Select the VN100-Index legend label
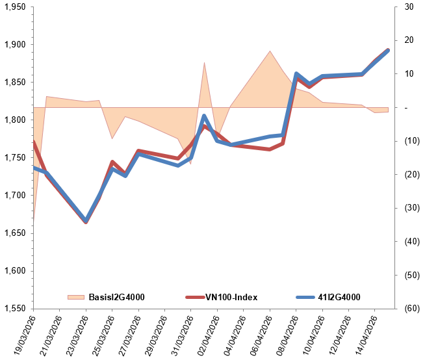click(231, 297)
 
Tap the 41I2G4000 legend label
click(339, 297)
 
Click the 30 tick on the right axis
click(409, 7)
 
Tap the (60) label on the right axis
click(410, 309)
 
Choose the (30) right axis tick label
click(410, 208)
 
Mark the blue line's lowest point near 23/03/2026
click(86, 221)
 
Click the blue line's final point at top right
click(388, 50)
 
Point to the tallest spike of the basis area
click(204, 63)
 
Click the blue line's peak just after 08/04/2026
click(296, 74)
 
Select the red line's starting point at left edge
click(33, 141)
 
